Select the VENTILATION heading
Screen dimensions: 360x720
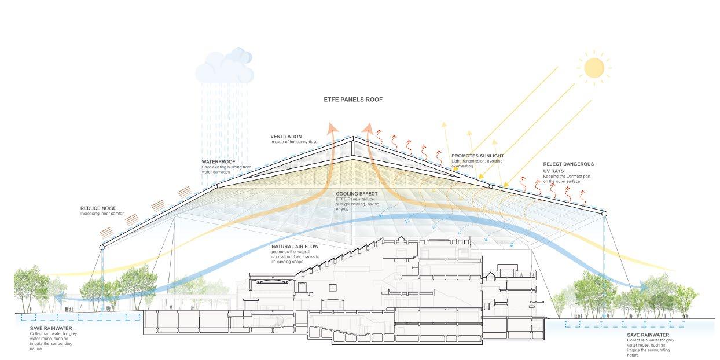286,137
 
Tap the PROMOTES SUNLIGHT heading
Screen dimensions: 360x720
477,156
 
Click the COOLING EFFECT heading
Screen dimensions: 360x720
356,194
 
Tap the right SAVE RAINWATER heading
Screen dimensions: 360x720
648,335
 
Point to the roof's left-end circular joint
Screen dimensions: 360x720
102,247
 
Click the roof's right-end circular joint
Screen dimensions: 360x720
605,214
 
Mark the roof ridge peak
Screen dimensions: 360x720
354,138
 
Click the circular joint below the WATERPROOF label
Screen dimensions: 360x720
216,186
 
